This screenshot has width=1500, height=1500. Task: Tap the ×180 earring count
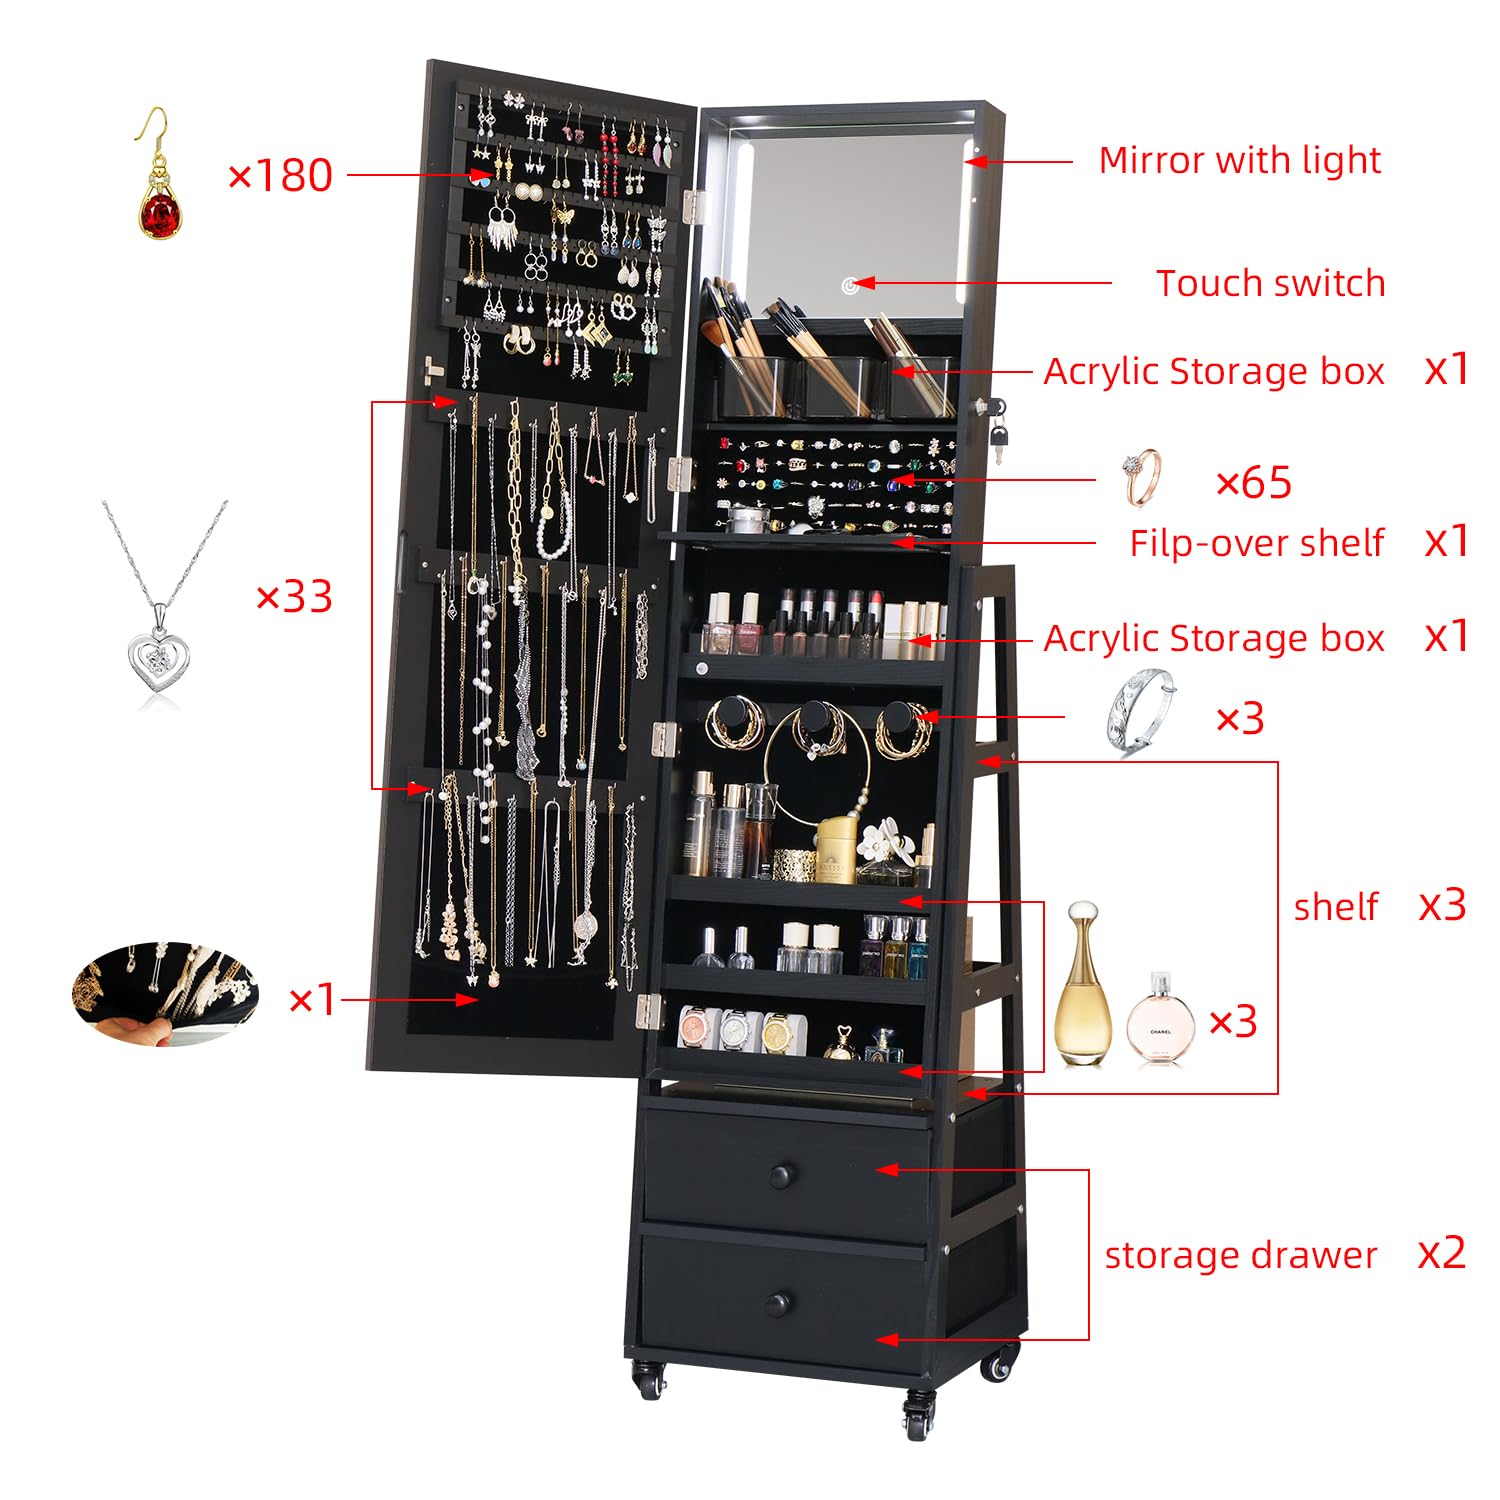tap(280, 176)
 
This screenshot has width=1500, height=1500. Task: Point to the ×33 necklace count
tap(294, 597)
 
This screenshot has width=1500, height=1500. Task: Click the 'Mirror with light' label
tap(1239, 160)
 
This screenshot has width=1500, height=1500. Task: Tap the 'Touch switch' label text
tap(1270, 283)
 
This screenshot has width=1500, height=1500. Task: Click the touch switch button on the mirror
tap(850, 286)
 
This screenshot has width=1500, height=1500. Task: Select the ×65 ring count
tap(1253, 483)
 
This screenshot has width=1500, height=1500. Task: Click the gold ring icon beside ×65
tap(1142, 478)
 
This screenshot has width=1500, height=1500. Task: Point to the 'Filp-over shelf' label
tap(1256, 543)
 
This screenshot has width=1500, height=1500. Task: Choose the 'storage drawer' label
tap(1240, 1255)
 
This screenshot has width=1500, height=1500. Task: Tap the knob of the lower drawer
tap(778, 1304)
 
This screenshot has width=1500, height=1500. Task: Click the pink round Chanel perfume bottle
tap(1160, 1020)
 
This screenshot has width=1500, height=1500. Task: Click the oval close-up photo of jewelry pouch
tap(165, 994)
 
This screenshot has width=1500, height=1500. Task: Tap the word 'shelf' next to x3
tap(1335, 907)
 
